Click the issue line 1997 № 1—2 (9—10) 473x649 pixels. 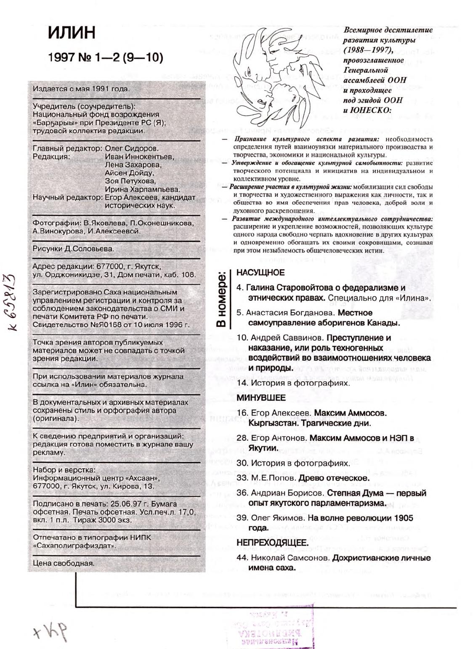(106, 58)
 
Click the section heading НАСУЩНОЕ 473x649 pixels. (260, 273)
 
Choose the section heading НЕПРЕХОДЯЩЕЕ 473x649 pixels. (272, 543)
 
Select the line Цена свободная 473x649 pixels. (64, 563)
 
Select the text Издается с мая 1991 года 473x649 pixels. (81, 89)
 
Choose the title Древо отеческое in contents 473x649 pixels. (334, 478)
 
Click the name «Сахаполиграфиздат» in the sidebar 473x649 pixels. (75, 546)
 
